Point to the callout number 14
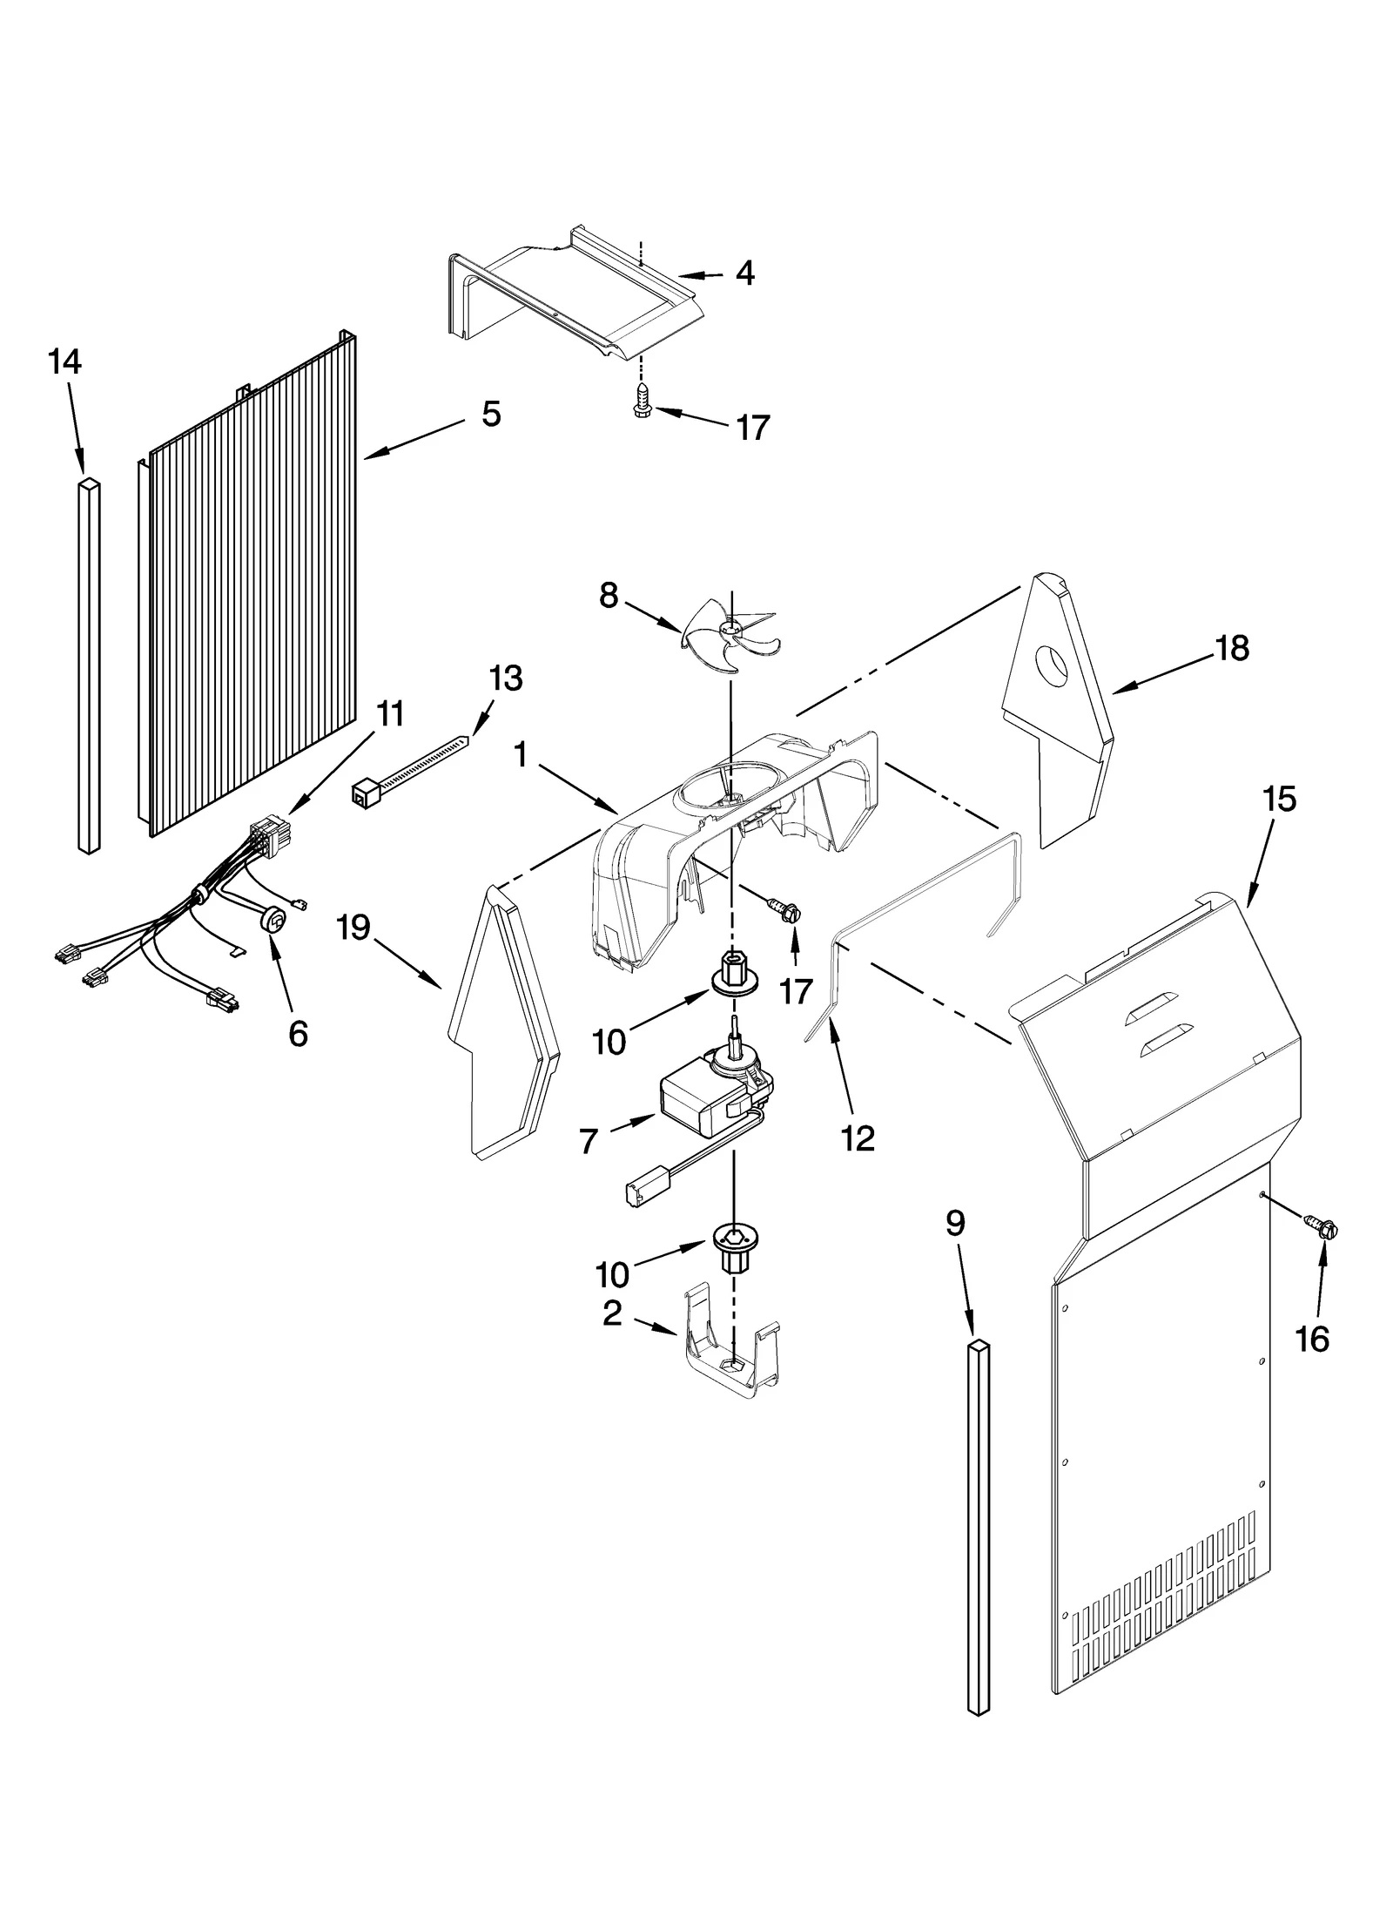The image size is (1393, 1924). click(65, 361)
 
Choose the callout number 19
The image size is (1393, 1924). click(354, 928)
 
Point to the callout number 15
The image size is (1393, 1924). click(1280, 800)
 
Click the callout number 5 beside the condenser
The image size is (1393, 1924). click(492, 414)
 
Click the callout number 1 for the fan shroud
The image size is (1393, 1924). click(521, 755)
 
